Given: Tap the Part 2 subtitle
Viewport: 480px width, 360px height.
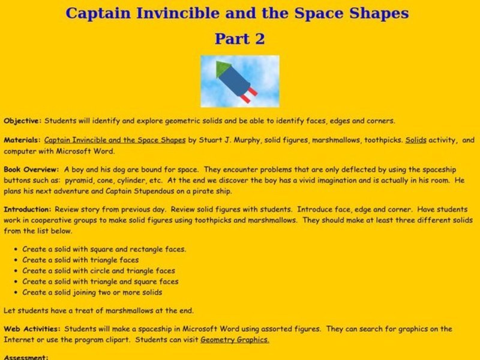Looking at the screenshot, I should coord(240,39).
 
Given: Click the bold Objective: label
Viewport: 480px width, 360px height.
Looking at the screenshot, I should coord(23,121).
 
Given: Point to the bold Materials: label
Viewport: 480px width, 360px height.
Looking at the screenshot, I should coord(22,140).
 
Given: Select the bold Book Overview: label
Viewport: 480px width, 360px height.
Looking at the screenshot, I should coord(31,170).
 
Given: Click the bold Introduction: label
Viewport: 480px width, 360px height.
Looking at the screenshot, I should coord(28,209).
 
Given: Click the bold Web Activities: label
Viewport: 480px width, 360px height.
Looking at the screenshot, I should coord(32,329).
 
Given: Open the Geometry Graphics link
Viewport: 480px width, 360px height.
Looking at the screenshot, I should coord(235,339).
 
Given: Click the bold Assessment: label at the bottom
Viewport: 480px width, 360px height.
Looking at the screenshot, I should coord(25,358).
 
